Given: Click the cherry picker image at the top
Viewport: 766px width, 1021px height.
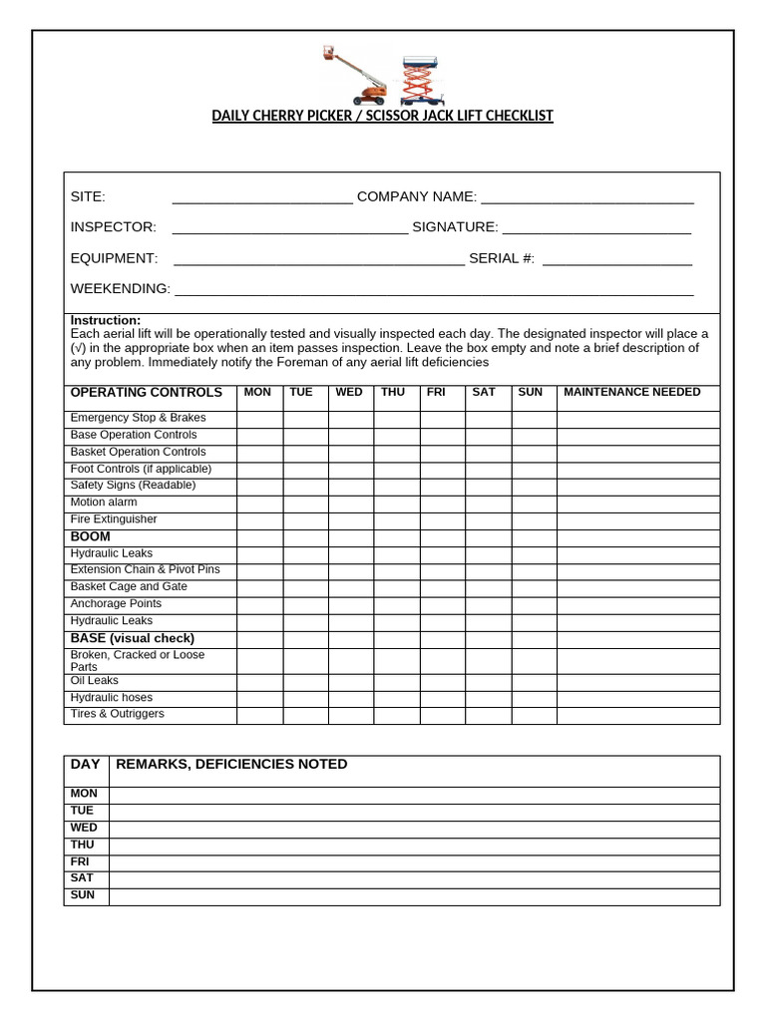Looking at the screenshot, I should coord(355,75).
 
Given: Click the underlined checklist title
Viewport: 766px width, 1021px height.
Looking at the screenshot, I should coord(382,116).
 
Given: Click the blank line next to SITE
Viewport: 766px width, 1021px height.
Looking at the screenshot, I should coord(262,197).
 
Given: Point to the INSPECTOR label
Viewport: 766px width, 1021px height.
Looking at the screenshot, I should coord(113,227).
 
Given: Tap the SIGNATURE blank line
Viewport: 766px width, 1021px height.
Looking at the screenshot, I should coord(596,228).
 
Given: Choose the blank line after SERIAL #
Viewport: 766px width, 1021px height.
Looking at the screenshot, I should coord(617,259).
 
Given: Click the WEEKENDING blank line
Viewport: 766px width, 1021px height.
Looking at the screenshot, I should coord(434,290).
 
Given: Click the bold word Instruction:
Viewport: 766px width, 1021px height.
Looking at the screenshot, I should coord(106,320).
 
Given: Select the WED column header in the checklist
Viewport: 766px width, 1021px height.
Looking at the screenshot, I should coord(349,393).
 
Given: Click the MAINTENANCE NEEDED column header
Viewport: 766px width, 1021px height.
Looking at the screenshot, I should coord(632,393).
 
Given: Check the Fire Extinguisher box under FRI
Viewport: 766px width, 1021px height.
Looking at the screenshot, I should coord(442,520).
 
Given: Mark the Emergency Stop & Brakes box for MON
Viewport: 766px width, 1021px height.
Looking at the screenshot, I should coord(259,419).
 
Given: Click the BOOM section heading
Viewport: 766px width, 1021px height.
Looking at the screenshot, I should coord(91,537).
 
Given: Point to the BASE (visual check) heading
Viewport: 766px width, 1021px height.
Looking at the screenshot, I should coord(132,638).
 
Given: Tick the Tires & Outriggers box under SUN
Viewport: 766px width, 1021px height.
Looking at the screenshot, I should coord(534,715).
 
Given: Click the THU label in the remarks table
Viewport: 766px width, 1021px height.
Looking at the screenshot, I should coord(83,846).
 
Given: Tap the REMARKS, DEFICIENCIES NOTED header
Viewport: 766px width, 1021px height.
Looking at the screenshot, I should coord(232,765).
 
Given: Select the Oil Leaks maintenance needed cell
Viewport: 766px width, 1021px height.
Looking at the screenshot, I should coord(637,682).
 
